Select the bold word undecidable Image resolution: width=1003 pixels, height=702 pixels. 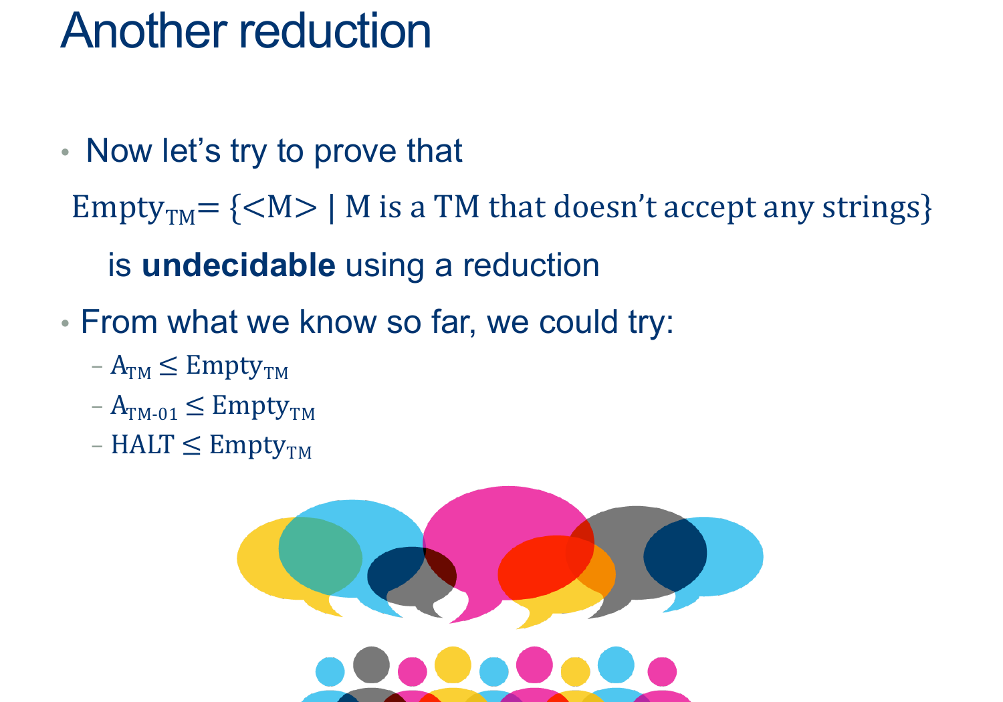(x=238, y=265)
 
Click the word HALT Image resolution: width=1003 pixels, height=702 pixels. (x=142, y=445)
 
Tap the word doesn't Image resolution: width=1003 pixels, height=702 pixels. (x=605, y=207)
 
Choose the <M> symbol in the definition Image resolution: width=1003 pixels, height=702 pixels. (x=280, y=207)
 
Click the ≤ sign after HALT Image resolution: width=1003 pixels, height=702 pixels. (x=192, y=445)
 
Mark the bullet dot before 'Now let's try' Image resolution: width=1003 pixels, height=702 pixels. (x=65, y=152)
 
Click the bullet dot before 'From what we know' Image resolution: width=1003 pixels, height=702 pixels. (x=65, y=323)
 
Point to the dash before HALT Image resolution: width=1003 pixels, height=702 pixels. (x=97, y=446)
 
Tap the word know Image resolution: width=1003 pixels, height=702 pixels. (x=338, y=322)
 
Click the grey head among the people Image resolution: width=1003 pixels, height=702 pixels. (x=371, y=665)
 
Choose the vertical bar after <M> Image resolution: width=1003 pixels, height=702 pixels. (x=332, y=208)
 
